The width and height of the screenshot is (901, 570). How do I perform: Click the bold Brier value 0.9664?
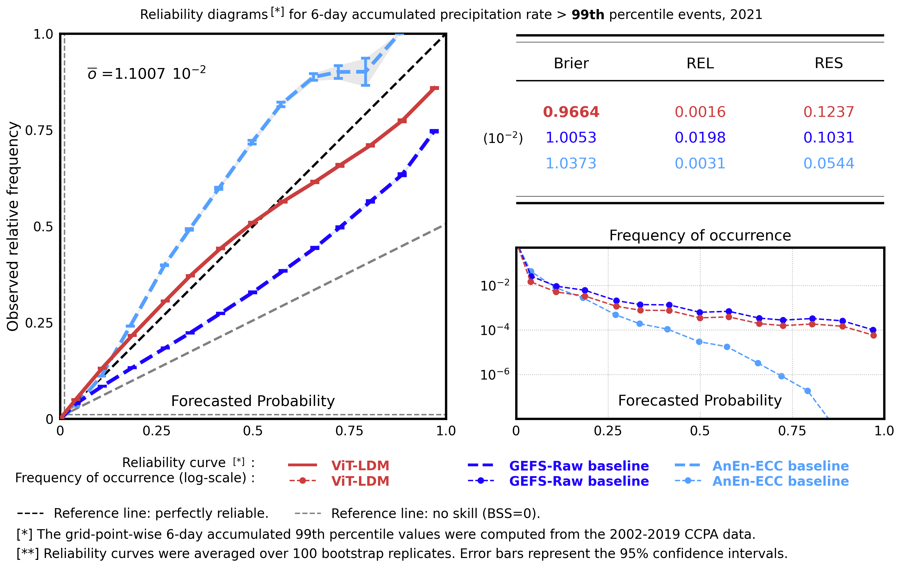point(571,112)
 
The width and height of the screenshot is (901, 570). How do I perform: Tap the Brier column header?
point(571,63)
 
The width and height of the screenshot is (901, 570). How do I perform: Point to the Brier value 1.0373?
point(571,163)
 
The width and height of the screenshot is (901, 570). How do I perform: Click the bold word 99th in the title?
point(587,15)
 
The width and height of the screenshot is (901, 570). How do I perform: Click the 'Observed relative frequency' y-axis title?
point(13,226)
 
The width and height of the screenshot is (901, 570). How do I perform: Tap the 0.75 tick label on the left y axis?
point(39,130)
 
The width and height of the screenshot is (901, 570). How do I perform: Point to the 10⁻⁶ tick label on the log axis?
point(494,374)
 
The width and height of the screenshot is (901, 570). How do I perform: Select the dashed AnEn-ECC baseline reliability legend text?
point(781,466)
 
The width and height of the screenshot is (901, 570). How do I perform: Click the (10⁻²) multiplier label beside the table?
point(503,138)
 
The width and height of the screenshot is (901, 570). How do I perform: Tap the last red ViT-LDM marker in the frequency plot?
point(873,335)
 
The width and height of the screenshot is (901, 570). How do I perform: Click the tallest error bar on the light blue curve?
point(366,71)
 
